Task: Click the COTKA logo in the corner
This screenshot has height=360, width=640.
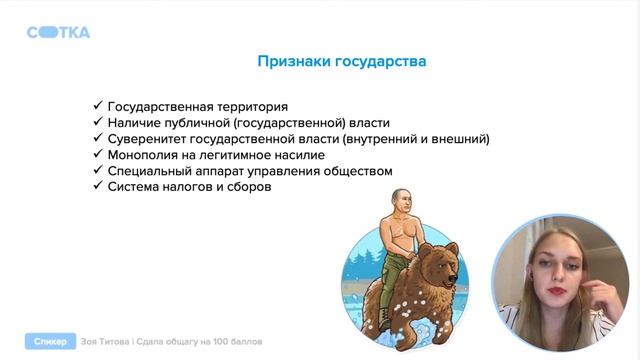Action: [58, 32]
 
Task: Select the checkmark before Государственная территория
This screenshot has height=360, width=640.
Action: [96, 106]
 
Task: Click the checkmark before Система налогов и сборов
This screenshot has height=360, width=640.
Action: [96, 187]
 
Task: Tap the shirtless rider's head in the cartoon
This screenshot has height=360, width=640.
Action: [401, 203]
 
